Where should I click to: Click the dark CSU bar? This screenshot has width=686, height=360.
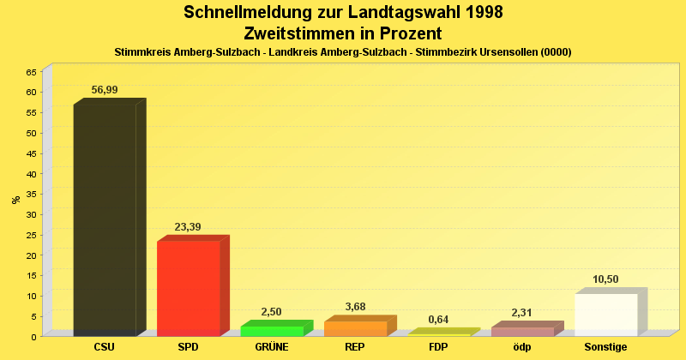coord(105,219)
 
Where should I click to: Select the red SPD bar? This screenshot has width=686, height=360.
coord(188,288)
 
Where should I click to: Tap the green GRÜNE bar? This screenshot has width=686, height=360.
coord(271,331)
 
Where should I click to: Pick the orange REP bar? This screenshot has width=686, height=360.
coord(355,328)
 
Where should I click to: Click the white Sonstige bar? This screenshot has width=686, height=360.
coord(605,315)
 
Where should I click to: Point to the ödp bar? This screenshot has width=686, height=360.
coord(522,332)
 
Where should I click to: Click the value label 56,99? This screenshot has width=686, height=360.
coord(105,90)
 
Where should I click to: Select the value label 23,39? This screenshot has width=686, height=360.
coord(188,227)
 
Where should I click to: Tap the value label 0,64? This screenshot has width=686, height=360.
coord(438,320)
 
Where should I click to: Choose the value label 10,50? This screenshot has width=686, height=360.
coord(605,279)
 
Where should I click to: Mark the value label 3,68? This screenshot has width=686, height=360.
coord(355,307)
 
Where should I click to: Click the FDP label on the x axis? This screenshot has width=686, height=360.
coord(438,347)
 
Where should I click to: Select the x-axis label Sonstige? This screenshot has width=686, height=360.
coord(605,347)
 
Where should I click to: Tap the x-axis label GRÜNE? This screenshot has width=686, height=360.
coord(271,347)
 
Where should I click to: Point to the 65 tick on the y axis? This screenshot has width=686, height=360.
coord(31,72)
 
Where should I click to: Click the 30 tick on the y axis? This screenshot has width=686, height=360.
coord(31,214)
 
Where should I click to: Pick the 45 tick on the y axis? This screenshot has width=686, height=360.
coord(31,153)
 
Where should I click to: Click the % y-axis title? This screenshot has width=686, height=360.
coord(15,200)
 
